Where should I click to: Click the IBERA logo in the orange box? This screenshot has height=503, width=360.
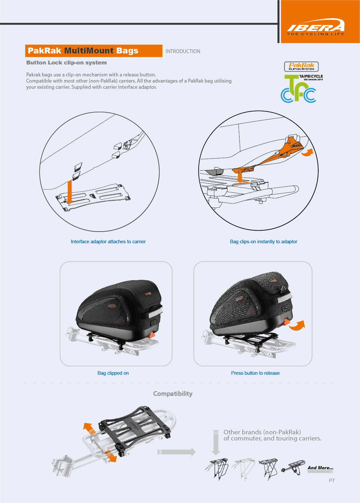pyautogui.click(x=316, y=27)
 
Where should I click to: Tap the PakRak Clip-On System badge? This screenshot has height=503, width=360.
pyautogui.click(x=301, y=66)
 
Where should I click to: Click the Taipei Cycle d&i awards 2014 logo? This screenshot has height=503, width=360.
pyautogui.click(x=300, y=88)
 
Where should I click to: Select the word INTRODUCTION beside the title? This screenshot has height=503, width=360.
pyautogui.click(x=183, y=51)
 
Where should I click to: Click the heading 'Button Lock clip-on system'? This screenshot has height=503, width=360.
pyautogui.click(x=66, y=63)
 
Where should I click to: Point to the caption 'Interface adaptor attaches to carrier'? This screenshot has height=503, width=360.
pyautogui.click(x=108, y=242)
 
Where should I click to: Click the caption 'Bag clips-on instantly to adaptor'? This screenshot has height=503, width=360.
pyautogui.click(x=263, y=242)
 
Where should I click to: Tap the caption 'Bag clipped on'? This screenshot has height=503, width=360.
pyautogui.click(x=113, y=373)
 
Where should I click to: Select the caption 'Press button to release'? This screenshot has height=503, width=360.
pyautogui.click(x=255, y=373)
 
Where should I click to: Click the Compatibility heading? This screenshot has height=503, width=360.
pyautogui.click(x=173, y=394)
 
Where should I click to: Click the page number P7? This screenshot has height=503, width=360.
pyautogui.click(x=332, y=481)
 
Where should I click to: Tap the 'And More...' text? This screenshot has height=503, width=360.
pyautogui.click(x=320, y=468)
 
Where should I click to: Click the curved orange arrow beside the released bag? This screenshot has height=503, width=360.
pyautogui.click(x=297, y=326)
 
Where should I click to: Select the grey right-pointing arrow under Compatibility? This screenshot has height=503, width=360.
pyautogui.click(x=177, y=452)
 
